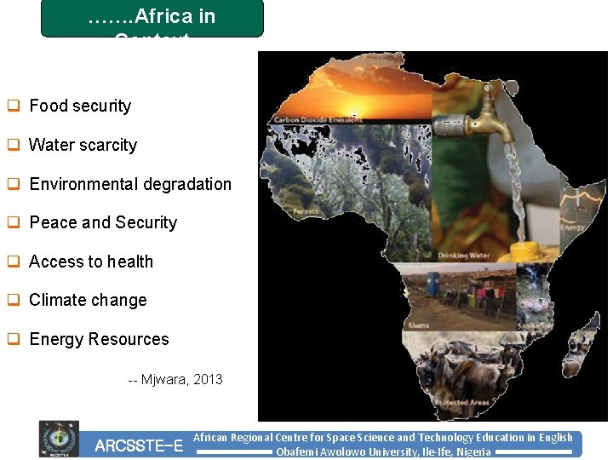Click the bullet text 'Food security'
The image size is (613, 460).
coord(80,106)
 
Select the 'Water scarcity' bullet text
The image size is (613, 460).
coord(83,145)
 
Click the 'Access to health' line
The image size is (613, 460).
coord(91,262)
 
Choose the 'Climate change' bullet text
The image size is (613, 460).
coord(88,301)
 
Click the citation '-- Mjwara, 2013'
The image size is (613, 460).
coord(175,379)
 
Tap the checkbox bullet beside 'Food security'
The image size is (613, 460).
coord(14,106)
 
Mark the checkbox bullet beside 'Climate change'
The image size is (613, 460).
coord(14,301)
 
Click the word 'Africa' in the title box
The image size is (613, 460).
coord(182,16)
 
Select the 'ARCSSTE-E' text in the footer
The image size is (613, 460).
coord(139,446)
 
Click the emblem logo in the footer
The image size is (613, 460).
coord(59,440)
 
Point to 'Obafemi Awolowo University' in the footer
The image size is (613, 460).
coord(341,452)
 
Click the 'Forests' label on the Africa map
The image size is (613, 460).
coord(304,211)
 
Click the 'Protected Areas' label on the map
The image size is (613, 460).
coord(460,402)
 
